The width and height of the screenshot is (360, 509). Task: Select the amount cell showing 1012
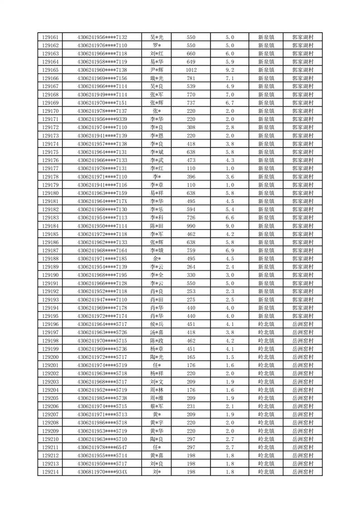pyautogui.click(x=191, y=70)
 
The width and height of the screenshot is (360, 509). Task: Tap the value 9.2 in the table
pyautogui.click(x=229, y=70)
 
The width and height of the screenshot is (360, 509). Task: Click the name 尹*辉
pyautogui.click(x=157, y=70)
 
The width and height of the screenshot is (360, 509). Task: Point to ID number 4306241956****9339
pyautogui.click(x=102, y=119)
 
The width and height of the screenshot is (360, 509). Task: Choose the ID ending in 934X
pyautogui.click(x=102, y=472)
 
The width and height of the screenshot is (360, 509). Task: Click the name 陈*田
pyautogui.click(x=157, y=226)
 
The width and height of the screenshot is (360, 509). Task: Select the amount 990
pyautogui.click(x=191, y=226)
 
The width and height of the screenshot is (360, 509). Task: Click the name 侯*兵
pyautogui.click(x=157, y=324)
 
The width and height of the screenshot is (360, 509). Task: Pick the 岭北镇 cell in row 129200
pyautogui.click(x=266, y=357)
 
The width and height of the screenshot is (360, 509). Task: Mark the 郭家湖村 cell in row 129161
pyautogui.click(x=303, y=37)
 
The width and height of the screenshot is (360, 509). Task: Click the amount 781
pyautogui.click(x=191, y=78)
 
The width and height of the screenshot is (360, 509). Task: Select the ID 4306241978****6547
pyautogui.click(x=102, y=447)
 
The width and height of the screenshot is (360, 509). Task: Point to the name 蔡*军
pyautogui.click(x=157, y=406)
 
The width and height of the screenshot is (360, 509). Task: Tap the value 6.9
pyautogui.click(x=229, y=250)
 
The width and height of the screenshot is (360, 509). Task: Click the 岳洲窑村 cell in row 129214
pyautogui.click(x=303, y=472)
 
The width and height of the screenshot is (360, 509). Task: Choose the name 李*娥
pyautogui.click(x=157, y=250)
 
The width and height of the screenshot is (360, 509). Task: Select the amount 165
pyautogui.click(x=191, y=357)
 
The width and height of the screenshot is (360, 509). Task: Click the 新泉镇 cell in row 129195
pyautogui.click(x=266, y=316)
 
